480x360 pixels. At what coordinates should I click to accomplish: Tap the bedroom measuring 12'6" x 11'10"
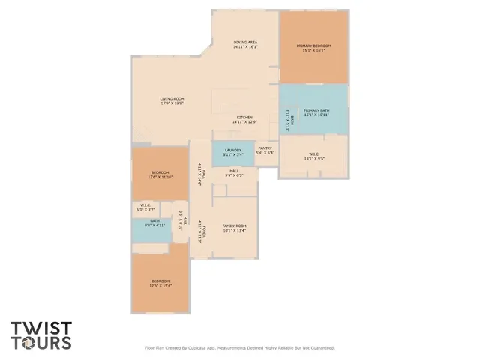tap(160, 175)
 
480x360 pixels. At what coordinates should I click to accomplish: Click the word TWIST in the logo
tap(41, 328)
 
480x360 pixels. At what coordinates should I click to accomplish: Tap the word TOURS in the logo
tap(41, 343)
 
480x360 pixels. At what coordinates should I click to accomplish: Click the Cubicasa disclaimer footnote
tap(239, 347)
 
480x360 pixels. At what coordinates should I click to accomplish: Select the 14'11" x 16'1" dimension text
tap(245, 47)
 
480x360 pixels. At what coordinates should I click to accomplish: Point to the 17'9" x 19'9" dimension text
tap(172, 103)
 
